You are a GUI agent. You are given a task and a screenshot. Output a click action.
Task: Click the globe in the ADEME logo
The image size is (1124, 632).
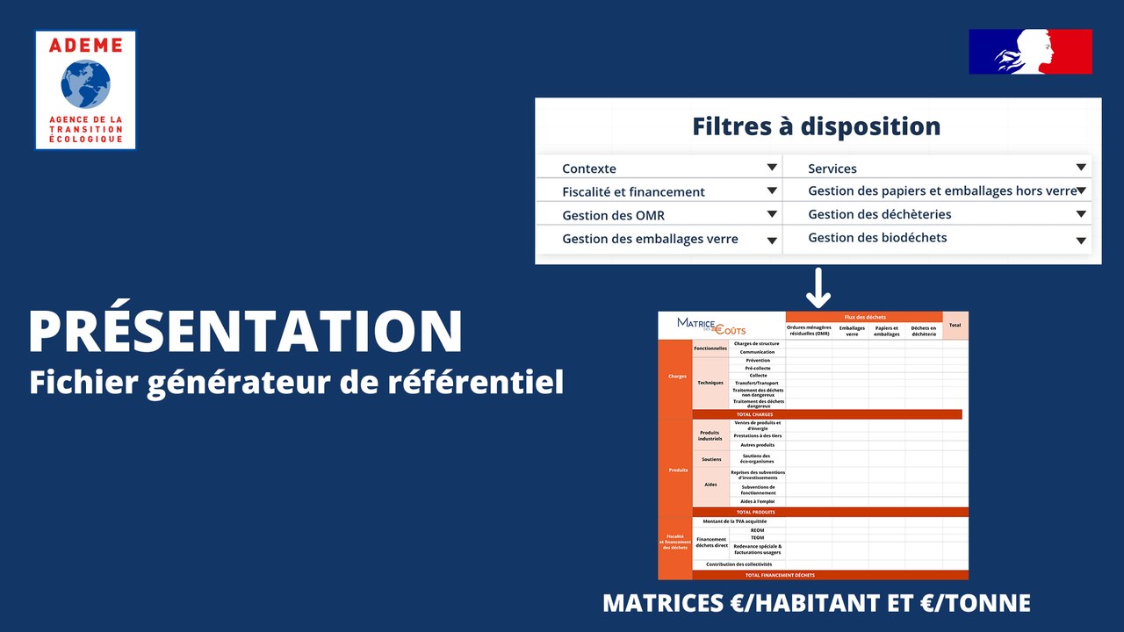[x=85, y=83]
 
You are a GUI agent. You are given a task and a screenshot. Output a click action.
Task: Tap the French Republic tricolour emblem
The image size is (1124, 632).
[x=1030, y=52]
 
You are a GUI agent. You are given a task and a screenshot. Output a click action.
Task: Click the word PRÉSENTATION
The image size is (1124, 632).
[x=245, y=331]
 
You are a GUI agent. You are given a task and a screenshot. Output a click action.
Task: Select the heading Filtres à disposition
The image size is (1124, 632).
[x=816, y=126]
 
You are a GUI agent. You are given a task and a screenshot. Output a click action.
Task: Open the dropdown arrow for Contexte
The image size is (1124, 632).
[x=772, y=168]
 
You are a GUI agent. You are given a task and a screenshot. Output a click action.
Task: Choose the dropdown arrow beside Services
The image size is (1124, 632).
[x=1081, y=168]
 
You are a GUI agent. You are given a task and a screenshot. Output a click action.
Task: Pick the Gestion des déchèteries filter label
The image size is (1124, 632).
[x=879, y=214]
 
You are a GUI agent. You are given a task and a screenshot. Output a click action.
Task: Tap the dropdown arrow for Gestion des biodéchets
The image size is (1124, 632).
[x=1081, y=241]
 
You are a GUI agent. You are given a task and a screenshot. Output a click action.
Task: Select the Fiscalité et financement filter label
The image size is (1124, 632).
[x=633, y=191]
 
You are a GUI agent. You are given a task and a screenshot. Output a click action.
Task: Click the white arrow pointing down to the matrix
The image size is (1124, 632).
[x=818, y=288]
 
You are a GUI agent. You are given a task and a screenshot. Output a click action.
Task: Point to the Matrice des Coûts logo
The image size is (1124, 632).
[x=711, y=326]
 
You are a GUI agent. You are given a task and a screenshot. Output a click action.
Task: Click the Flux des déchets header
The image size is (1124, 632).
[x=864, y=317]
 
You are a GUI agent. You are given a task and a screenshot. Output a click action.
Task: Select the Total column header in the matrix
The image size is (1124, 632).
[x=955, y=326]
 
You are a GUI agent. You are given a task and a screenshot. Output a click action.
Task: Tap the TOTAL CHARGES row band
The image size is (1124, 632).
[x=755, y=414]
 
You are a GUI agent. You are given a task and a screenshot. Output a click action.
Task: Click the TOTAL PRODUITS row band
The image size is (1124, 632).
[x=755, y=512]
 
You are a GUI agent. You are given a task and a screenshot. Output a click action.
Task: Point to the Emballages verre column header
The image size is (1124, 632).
[x=851, y=332]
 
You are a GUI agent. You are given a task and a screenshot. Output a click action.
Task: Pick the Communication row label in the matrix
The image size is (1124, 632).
[x=756, y=352]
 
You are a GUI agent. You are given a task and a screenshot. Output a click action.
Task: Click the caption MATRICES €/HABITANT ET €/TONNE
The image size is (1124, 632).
[x=816, y=604]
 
